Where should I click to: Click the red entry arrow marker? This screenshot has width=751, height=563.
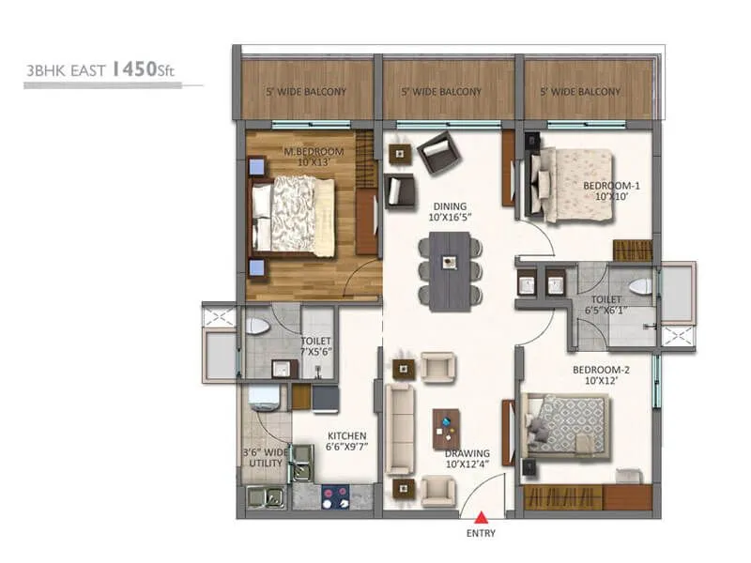tap(481, 516)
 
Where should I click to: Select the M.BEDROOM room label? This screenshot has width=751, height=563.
tap(314, 157)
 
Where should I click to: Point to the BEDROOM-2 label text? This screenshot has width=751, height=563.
tap(601, 375)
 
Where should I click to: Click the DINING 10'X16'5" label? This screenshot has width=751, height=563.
tap(450, 211)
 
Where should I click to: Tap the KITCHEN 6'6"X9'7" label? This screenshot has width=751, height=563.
tap(345, 441)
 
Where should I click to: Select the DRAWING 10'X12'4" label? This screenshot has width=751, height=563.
tap(467, 459)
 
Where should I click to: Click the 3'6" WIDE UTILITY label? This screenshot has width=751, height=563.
tap(262, 459)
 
